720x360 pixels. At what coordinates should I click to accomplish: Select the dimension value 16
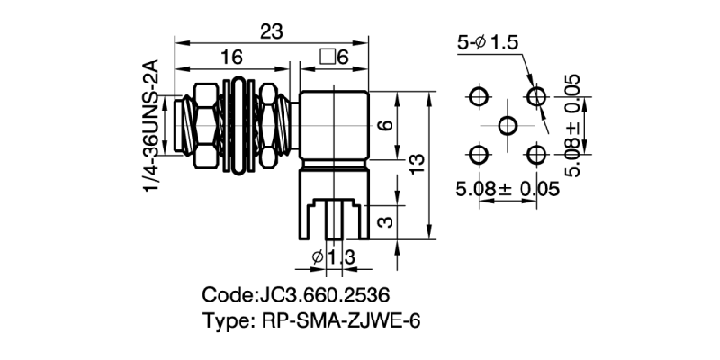[x=231, y=58]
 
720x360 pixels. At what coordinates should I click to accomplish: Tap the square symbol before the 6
[x=327, y=58]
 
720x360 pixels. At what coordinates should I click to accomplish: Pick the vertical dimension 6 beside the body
[x=384, y=126]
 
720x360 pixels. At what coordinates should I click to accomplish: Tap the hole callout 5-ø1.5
[x=489, y=42]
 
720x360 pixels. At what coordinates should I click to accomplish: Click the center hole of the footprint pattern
[x=508, y=125]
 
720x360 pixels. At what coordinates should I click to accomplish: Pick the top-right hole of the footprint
[x=537, y=96]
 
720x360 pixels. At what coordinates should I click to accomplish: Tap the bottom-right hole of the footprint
[x=537, y=154]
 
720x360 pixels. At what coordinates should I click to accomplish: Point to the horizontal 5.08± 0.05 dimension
[x=508, y=189]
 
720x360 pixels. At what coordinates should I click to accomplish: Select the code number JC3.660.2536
[x=329, y=295]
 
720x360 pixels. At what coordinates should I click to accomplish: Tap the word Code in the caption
[x=228, y=295]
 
